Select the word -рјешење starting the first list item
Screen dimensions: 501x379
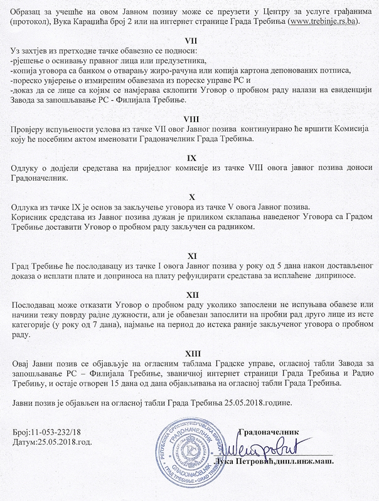coord(31,60)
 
